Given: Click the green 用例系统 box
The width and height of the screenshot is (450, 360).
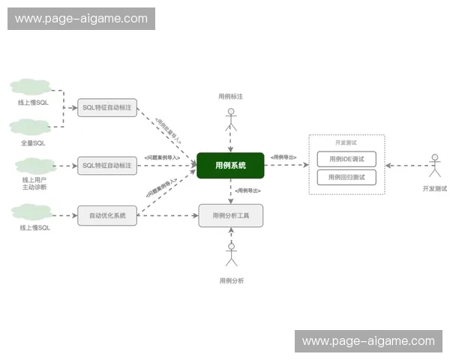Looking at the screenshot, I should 230,165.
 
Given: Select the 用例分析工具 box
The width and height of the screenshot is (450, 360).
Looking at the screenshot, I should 230,216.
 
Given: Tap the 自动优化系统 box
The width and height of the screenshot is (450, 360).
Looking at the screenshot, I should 107,216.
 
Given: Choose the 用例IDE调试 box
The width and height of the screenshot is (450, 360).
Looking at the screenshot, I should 346,159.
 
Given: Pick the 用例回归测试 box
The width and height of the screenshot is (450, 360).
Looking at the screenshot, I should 346,178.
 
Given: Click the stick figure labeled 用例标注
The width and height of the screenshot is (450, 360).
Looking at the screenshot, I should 231,120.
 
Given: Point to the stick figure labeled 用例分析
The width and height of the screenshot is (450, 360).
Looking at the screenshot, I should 231,254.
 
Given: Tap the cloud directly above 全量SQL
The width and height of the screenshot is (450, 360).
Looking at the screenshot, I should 31,127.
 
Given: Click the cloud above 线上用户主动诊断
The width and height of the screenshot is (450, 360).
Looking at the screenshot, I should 35,165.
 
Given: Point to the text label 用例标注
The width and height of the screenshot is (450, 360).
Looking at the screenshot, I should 229,96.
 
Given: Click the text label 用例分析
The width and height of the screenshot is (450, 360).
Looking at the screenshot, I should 231,280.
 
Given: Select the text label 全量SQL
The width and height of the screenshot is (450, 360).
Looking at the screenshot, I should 33,142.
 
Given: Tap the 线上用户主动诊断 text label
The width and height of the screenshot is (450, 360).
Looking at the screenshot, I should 34,184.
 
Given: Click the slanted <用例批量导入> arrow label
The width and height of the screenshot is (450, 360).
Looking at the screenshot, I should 168,130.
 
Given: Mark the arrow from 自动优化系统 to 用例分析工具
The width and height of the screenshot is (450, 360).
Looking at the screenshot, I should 168,216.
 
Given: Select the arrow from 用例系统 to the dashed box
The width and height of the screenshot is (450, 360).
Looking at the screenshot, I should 286,165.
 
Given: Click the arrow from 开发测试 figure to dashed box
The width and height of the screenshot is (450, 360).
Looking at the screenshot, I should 405,165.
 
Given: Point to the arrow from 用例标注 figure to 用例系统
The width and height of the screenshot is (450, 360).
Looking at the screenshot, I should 231,142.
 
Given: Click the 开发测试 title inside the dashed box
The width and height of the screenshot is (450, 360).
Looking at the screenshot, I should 346,142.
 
